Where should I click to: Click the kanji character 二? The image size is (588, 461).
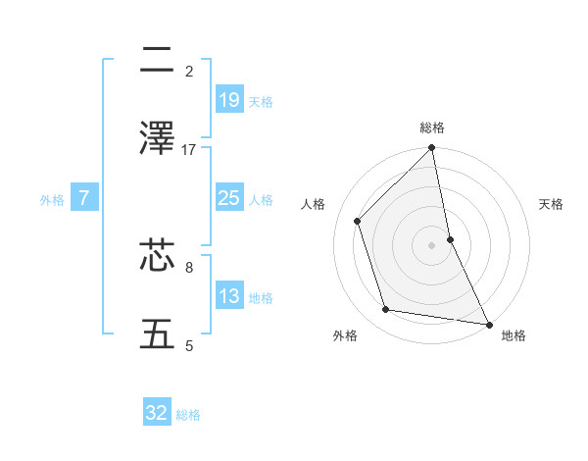coord(157,62)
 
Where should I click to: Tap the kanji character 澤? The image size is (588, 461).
coord(157,138)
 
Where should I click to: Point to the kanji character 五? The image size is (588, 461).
coord(157,333)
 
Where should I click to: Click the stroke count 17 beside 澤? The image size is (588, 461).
coord(189,150)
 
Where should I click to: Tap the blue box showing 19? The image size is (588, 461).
coord(228,99)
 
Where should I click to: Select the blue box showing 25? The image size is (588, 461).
coord(228,198)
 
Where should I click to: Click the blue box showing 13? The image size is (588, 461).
coord(228,296)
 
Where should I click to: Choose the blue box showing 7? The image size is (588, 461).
coord(84,198)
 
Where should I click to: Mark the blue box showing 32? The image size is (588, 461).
coord(157,413)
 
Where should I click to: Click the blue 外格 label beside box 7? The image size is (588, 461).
coord(52,199)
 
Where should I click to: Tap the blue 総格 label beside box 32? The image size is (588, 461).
coord(188,415)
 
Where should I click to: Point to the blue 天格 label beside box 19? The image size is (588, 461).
coord(261,101)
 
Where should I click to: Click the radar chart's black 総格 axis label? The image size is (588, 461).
coord(432,128)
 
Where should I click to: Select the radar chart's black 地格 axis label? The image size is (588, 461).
coord(514,335)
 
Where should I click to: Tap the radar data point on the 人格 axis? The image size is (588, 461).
coord(358,221)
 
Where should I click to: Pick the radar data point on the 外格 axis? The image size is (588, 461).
coord(386,310)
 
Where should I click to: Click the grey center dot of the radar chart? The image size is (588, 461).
coord(432,245)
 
